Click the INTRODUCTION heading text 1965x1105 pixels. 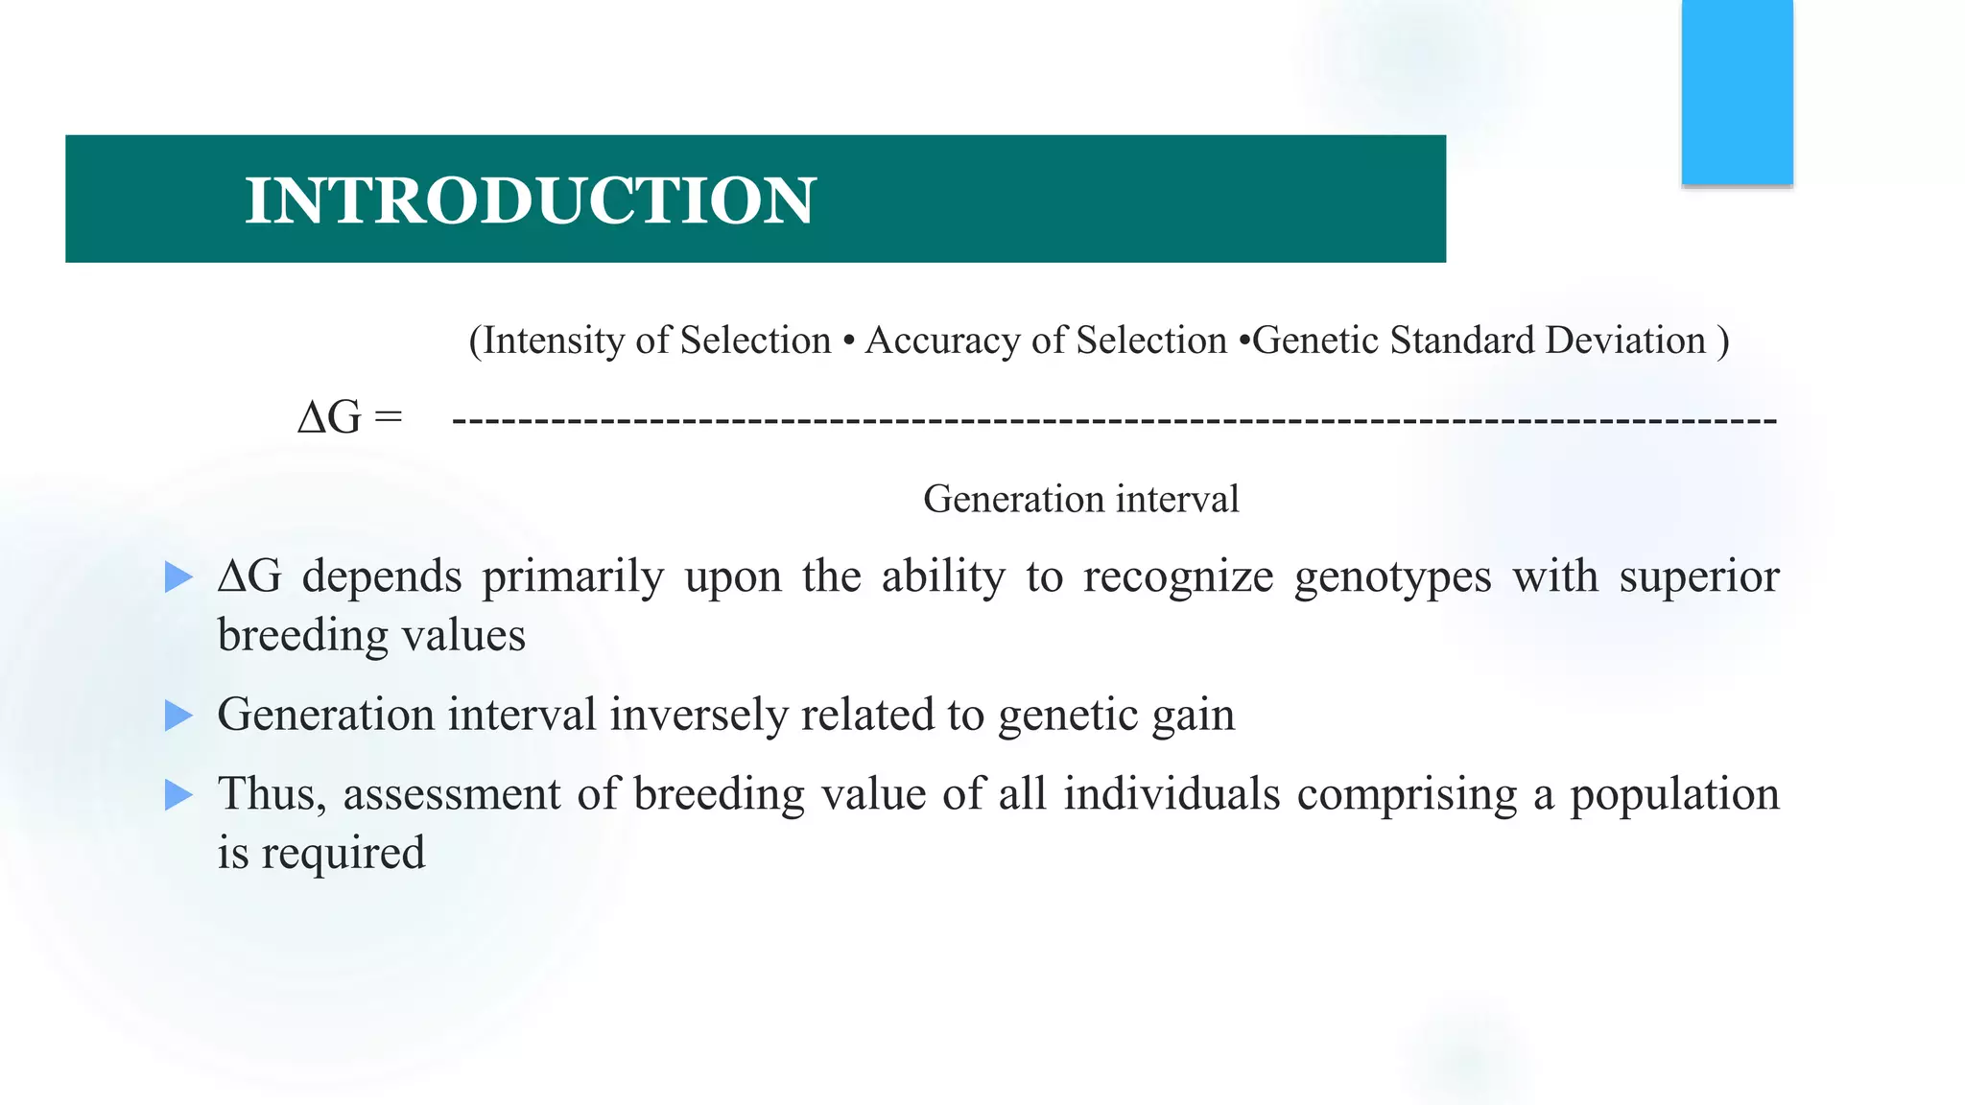[x=530, y=200]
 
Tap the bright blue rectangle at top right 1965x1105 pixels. [x=1737, y=91]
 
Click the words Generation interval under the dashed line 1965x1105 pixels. [x=1080, y=499]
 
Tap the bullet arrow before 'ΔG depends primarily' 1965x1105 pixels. [x=178, y=577]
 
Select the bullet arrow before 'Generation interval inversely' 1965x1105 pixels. [x=178, y=716]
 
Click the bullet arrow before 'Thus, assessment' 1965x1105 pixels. [x=178, y=795]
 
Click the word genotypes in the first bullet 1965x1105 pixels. [x=1392, y=577]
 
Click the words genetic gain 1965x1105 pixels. [x=1116, y=716]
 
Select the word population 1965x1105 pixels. [x=1673, y=795]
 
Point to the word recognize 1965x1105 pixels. [x=1178, y=577]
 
